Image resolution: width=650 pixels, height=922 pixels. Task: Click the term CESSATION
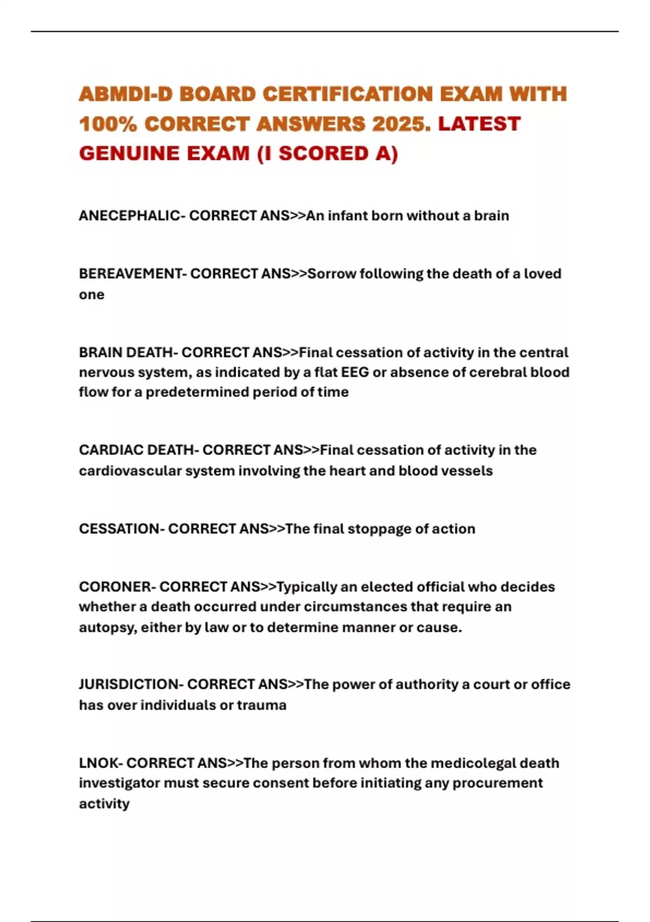point(119,529)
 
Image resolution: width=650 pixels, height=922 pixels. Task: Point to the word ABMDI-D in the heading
point(126,94)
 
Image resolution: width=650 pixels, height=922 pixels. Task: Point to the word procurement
point(497,783)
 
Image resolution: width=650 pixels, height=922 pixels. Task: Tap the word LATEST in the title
point(479,124)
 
